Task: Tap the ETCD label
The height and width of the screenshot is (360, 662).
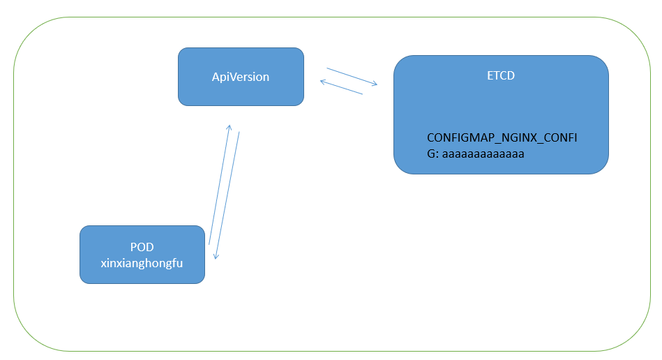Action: click(x=500, y=75)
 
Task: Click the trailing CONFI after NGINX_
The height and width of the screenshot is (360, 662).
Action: click(x=561, y=138)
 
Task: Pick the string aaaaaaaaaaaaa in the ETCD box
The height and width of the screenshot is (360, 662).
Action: click(x=483, y=153)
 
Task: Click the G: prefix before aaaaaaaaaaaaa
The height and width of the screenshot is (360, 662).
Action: click(x=432, y=153)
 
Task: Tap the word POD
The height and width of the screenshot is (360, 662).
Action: click(x=142, y=247)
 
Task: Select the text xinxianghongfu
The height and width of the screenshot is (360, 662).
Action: click(x=142, y=262)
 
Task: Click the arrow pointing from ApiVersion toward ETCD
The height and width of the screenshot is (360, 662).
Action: click(x=352, y=77)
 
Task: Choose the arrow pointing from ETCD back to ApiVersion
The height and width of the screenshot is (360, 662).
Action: click(x=341, y=87)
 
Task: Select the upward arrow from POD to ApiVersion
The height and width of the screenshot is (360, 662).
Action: click(x=219, y=185)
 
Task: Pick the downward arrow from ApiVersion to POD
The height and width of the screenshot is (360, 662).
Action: click(x=227, y=195)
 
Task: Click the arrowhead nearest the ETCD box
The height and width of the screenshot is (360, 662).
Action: click(x=375, y=84)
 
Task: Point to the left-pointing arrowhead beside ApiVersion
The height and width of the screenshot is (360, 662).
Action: click(x=322, y=82)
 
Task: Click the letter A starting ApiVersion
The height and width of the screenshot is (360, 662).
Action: click(x=216, y=77)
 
